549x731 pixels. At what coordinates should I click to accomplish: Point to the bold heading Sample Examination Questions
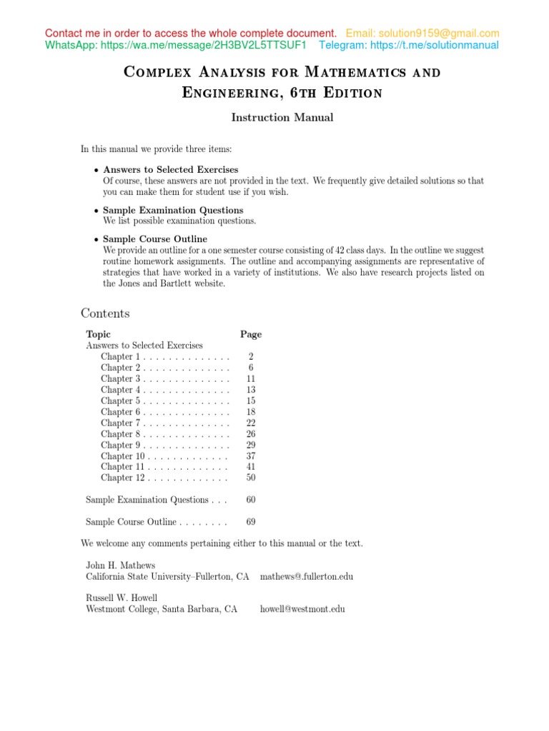pyautogui.click(x=173, y=211)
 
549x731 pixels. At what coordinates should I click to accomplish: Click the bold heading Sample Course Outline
pyautogui.click(x=155, y=239)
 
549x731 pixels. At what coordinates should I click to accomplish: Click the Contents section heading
pyautogui.click(x=105, y=313)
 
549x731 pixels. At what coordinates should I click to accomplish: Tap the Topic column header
pyautogui.click(x=99, y=334)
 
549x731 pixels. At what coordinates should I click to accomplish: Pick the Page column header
pyautogui.click(x=251, y=334)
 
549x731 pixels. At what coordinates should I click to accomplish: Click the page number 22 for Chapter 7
pyautogui.click(x=251, y=423)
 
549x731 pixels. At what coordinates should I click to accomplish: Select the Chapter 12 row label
pyautogui.click(x=123, y=478)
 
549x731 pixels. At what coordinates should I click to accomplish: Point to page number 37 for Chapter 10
pyautogui.click(x=251, y=456)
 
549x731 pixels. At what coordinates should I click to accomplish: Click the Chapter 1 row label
pyautogui.click(x=120, y=357)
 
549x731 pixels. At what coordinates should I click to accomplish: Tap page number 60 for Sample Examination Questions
pyautogui.click(x=251, y=500)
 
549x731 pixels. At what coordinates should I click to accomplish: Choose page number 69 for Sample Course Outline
pyautogui.click(x=251, y=523)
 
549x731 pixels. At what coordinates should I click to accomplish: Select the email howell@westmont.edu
pyautogui.click(x=302, y=609)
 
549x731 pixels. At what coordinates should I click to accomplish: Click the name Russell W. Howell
pyautogui.click(x=122, y=598)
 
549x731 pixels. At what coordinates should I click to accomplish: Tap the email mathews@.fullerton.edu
pyautogui.click(x=307, y=576)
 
